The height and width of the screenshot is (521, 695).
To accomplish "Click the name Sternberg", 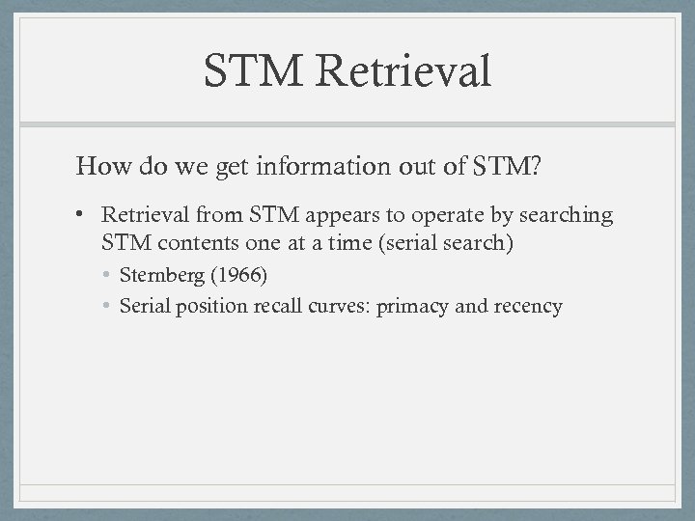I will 159,275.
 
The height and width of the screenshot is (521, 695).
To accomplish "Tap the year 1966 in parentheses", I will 236,275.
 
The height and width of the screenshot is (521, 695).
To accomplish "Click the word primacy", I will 412,307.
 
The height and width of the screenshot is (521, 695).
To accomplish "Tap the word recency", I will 528,307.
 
